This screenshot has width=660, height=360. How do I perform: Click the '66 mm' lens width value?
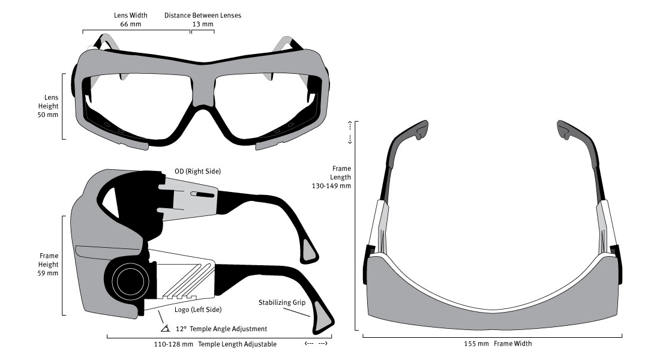click(130, 25)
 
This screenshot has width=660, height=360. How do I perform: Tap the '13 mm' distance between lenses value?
click(203, 25)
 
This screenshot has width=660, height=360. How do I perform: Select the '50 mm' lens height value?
click(47, 114)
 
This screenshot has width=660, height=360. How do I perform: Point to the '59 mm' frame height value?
click(47, 273)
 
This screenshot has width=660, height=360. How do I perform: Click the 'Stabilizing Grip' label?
click(283, 302)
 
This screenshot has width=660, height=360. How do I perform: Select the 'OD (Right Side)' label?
click(198, 172)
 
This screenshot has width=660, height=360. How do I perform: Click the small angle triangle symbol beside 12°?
click(165, 329)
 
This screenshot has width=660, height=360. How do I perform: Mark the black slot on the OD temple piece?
click(204, 196)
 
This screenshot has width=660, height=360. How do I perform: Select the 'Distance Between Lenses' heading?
click(203, 15)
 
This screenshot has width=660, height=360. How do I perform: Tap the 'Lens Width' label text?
click(130, 15)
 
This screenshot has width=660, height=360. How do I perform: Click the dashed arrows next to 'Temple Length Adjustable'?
click(316, 344)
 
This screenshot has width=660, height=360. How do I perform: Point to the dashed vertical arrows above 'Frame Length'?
click(350, 133)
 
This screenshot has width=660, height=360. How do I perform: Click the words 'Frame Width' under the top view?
click(513, 344)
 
